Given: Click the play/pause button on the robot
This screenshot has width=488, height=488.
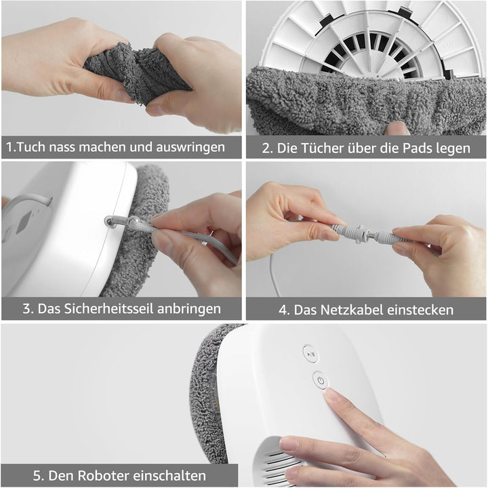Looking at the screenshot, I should pyautogui.click(x=310, y=354).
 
